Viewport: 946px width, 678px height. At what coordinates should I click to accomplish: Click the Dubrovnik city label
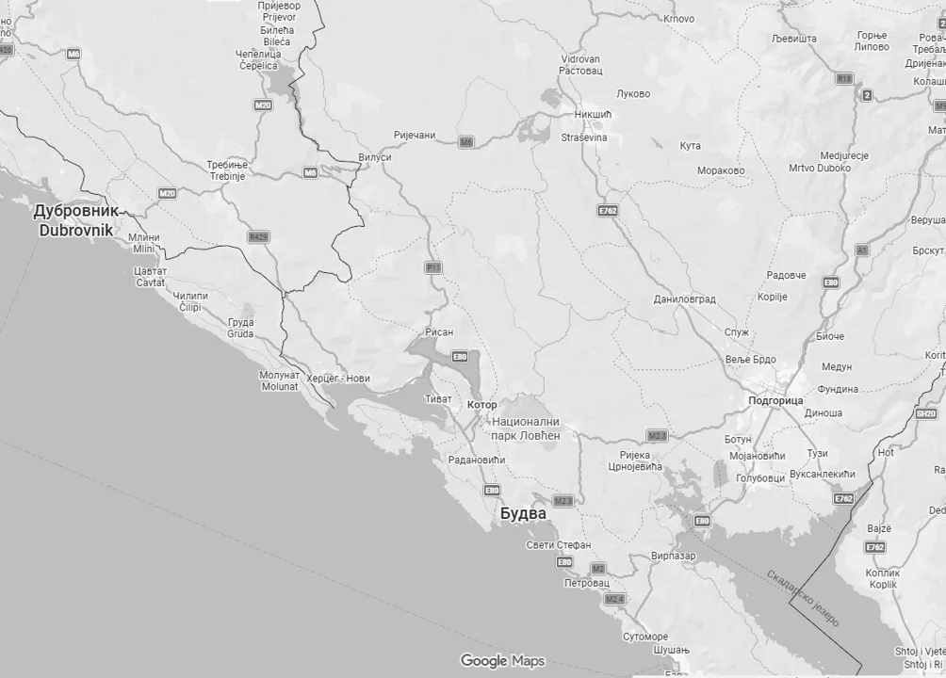(75, 230)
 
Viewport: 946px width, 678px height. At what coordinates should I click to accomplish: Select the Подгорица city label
(775, 400)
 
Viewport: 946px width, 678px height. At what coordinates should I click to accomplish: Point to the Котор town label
(481, 405)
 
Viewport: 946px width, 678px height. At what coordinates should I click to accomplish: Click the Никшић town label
(593, 115)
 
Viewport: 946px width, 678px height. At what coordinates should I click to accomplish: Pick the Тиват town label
(439, 398)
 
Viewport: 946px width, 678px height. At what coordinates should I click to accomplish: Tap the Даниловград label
(684, 299)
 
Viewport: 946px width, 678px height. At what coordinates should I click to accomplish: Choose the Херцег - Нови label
(339, 379)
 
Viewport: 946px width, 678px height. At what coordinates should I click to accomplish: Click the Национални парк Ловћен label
(526, 428)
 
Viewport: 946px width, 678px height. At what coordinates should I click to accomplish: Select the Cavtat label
(150, 282)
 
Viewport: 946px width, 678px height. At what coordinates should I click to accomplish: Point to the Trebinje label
(227, 176)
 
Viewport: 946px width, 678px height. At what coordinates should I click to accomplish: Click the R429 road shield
(258, 236)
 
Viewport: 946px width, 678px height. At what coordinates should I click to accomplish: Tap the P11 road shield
(433, 267)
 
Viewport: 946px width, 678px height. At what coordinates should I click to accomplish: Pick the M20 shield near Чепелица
(263, 105)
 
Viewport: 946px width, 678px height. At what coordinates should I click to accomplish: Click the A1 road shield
(861, 250)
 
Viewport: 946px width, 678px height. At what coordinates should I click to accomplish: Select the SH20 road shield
(926, 413)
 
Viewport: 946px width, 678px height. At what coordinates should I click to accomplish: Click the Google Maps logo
(502, 661)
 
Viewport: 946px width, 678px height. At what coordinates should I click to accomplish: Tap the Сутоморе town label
(644, 638)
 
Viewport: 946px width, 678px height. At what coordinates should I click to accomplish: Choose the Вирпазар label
(673, 557)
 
